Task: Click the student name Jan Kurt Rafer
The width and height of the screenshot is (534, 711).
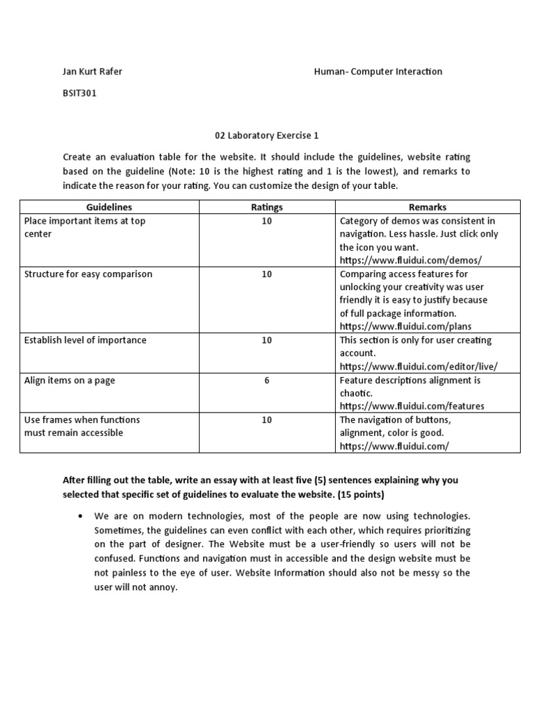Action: pyautogui.click(x=92, y=72)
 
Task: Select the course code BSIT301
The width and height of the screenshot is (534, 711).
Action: pyautogui.click(x=79, y=94)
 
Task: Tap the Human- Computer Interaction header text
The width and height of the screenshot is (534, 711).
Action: pyautogui.click(x=378, y=72)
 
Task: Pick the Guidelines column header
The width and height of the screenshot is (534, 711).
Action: pyautogui.click(x=109, y=207)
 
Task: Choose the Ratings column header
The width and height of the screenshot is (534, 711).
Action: pyautogui.click(x=267, y=207)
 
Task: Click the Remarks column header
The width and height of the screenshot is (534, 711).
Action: pyautogui.click(x=428, y=207)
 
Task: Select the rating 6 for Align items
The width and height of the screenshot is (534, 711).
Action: pyautogui.click(x=267, y=380)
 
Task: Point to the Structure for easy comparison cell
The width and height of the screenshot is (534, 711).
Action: pyautogui.click(x=88, y=274)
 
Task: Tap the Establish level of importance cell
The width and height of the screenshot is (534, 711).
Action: pyautogui.click(x=86, y=340)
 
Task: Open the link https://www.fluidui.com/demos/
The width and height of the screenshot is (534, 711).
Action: pyautogui.click(x=410, y=260)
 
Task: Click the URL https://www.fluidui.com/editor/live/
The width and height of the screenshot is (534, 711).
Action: pyautogui.click(x=419, y=367)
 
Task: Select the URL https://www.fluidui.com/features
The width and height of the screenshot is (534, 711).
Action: pyautogui.click(x=412, y=406)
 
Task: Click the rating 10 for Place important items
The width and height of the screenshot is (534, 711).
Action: pyautogui.click(x=267, y=221)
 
